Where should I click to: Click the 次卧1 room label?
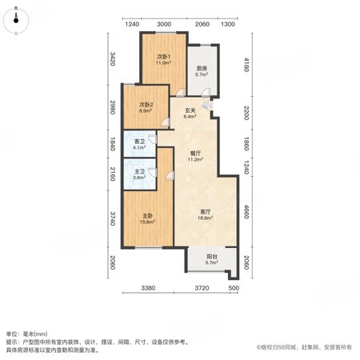click(x=163, y=57)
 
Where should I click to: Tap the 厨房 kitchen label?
click(x=202, y=69)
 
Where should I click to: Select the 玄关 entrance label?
click(x=190, y=110)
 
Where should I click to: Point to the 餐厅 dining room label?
click(x=195, y=154)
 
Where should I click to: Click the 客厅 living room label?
click(x=206, y=212)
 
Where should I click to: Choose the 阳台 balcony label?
click(x=212, y=257)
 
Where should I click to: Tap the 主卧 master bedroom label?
click(x=147, y=216)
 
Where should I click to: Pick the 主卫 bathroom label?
click(x=139, y=171)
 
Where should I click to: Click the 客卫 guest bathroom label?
click(x=139, y=142)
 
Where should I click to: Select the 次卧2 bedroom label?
click(x=146, y=104)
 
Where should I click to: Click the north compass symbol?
click(x=16, y=21)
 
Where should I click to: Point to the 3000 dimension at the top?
click(x=164, y=24)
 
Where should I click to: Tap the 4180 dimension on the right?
click(x=246, y=65)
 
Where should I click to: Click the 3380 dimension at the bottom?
click(x=148, y=288)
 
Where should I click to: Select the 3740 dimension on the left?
click(x=112, y=218)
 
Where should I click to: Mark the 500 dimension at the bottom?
click(x=234, y=288)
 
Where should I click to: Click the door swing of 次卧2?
click(x=166, y=122)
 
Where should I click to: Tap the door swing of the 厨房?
click(x=206, y=92)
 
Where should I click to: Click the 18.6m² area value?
click(x=205, y=218)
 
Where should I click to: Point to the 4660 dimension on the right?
click(x=246, y=211)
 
